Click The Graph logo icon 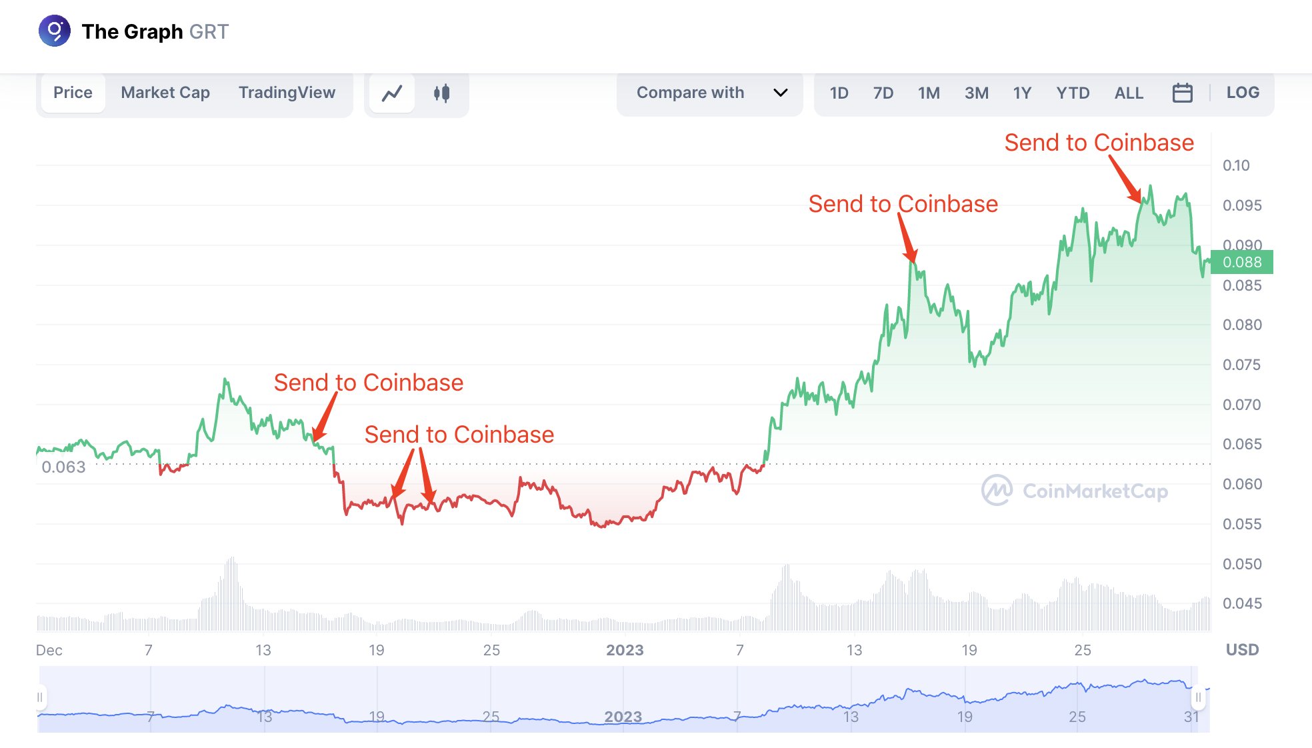click(55, 31)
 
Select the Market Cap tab click(165, 93)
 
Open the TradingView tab click(287, 93)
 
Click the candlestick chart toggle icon click(441, 93)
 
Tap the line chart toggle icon click(392, 93)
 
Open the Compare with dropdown click(711, 93)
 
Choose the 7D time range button click(883, 93)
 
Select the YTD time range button click(1073, 93)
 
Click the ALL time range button click(1129, 93)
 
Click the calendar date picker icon click(1182, 93)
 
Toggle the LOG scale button click(1243, 93)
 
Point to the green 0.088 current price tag click(1241, 262)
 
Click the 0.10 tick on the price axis click(1236, 165)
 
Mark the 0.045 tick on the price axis click(1242, 603)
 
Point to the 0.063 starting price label click(63, 467)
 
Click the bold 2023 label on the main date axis click(625, 650)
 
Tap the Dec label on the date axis click(49, 650)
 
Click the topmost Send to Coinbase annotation click(1099, 143)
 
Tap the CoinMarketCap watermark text click(1095, 491)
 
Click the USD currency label click(1242, 650)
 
